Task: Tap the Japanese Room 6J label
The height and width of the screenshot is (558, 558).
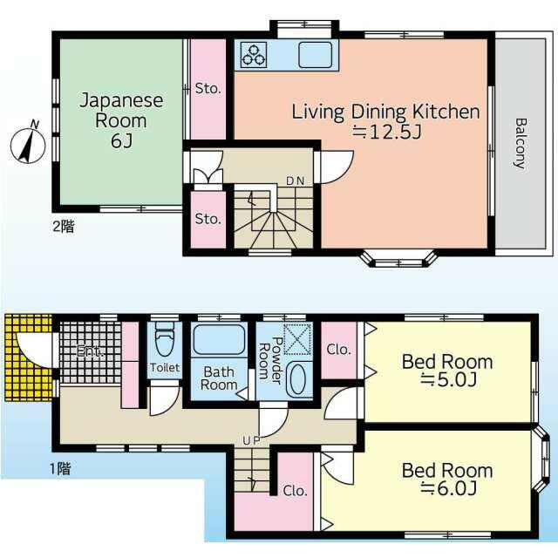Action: tap(121, 121)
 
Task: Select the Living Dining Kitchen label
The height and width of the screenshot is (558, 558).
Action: tap(385, 121)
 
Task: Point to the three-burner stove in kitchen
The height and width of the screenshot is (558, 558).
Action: tap(255, 55)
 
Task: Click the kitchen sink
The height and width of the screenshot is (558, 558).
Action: tap(316, 55)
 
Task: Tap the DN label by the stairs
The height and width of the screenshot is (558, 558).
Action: tap(296, 181)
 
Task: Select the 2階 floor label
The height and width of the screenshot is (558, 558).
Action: tap(62, 227)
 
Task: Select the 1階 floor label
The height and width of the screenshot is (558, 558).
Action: tap(58, 469)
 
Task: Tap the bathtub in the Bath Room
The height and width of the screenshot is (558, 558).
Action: tap(219, 340)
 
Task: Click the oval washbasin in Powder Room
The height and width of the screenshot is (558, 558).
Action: tap(298, 381)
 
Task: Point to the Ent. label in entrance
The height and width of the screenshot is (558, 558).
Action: tap(88, 352)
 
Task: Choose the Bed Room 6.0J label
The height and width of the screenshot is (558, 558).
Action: tap(446, 479)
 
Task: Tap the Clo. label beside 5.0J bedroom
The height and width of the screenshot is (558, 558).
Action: tap(338, 350)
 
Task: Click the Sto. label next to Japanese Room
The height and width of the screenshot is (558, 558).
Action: tap(208, 88)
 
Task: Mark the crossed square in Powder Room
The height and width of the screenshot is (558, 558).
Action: tap(298, 338)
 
